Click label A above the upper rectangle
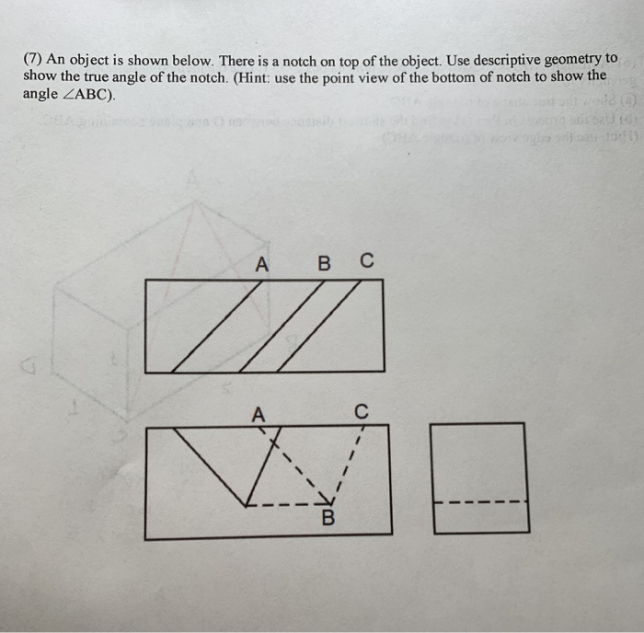pos(262,265)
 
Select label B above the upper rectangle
pos(323,265)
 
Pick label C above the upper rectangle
pos(366,264)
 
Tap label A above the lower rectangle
pos(260,415)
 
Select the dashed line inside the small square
pos(481,502)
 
